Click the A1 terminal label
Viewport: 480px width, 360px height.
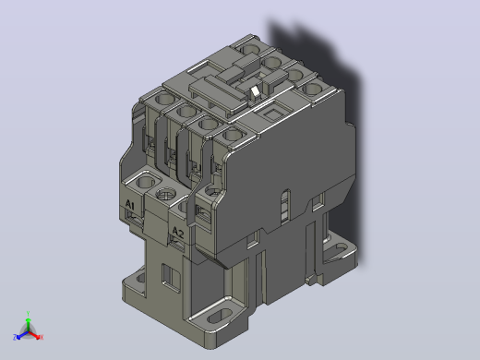[x=130, y=204]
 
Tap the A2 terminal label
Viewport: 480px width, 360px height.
[x=178, y=232]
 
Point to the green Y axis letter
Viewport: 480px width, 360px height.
[x=28, y=314]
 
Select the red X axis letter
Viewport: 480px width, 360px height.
[x=42, y=337]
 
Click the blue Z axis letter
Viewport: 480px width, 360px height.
[x=15, y=337]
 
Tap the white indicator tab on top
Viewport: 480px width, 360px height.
[x=255, y=91]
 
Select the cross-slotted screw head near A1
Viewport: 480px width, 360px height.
[x=166, y=195]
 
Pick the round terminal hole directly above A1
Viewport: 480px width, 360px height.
[x=146, y=182]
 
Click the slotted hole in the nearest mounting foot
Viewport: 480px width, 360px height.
[x=219, y=316]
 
